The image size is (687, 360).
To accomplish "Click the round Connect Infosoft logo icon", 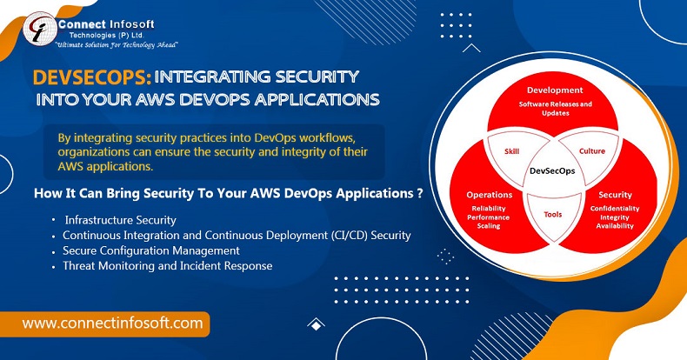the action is (x=40, y=29).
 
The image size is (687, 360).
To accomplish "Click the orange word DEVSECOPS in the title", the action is (x=92, y=77).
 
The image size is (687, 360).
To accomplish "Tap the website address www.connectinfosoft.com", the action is (x=112, y=323).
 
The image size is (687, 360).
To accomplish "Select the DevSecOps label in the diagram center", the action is (x=552, y=170).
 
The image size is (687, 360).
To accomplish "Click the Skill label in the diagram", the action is (x=511, y=151).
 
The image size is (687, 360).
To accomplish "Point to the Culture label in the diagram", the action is (x=592, y=151).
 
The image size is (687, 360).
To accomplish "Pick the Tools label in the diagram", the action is (x=553, y=214).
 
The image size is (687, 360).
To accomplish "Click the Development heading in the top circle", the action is (x=555, y=90).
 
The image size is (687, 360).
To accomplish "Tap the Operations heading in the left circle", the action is (x=489, y=195).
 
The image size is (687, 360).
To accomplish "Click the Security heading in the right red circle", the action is (x=615, y=195).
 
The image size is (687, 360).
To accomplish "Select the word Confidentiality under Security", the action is (x=615, y=209).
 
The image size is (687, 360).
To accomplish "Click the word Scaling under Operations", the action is (x=489, y=226).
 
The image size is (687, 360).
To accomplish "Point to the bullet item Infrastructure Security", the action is (x=121, y=220).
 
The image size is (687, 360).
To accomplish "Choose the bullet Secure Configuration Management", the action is (x=151, y=250).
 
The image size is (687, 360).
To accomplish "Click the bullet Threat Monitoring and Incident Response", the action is (x=167, y=266).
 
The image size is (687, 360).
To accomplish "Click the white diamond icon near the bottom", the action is (x=316, y=324).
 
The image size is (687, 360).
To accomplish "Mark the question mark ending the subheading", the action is (x=420, y=193).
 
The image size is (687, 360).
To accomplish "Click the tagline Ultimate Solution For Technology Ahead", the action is (x=117, y=45).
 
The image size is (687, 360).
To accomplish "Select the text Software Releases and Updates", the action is (x=555, y=109).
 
